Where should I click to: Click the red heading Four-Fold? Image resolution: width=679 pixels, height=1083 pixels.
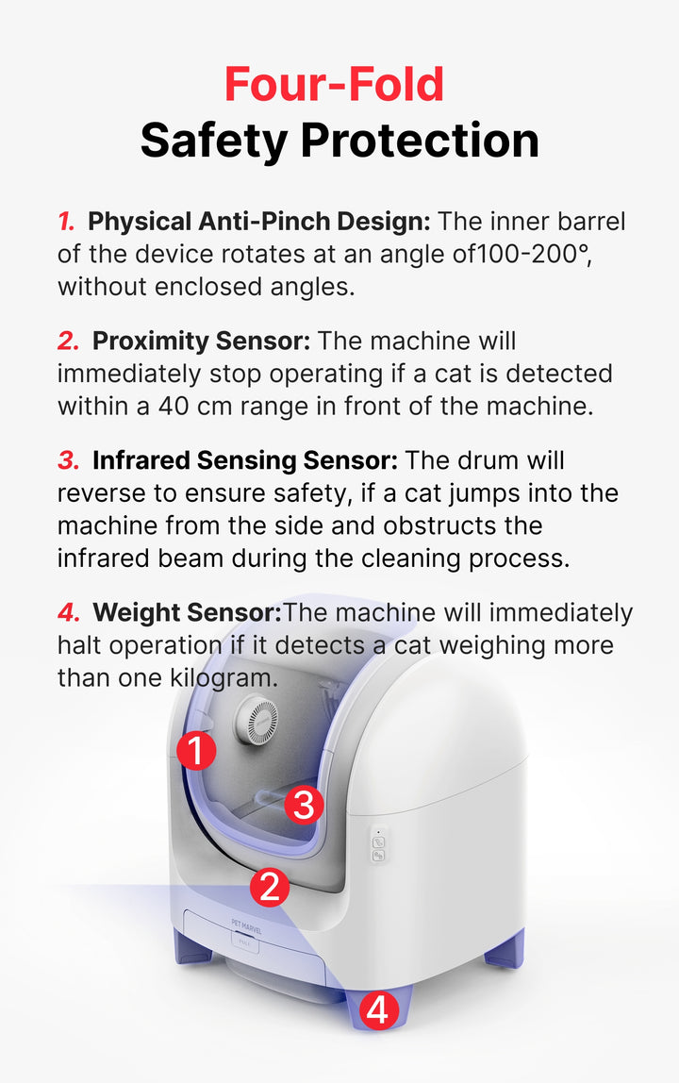click(x=335, y=84)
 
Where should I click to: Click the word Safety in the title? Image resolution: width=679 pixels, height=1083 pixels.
click(x=214, y=141)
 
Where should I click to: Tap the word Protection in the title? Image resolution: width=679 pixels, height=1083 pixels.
click(x=420, y=140)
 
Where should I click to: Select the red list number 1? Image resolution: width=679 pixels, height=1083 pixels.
click(x=66, y=222)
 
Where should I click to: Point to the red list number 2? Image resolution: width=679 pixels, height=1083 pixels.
click(x=69, y=342)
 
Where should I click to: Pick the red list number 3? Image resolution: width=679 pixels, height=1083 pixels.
click(x=69, y=460)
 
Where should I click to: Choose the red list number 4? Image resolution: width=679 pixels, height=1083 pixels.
click(x=69, y=612)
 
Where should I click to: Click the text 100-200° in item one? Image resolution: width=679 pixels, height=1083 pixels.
click(x=533, y=254)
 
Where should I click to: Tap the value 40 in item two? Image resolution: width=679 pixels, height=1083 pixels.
click(x=174, y=406)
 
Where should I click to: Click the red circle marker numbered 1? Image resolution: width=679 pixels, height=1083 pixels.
click(x=196, y=751)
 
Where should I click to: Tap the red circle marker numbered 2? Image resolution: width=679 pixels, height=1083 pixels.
click(x=270, y=887)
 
